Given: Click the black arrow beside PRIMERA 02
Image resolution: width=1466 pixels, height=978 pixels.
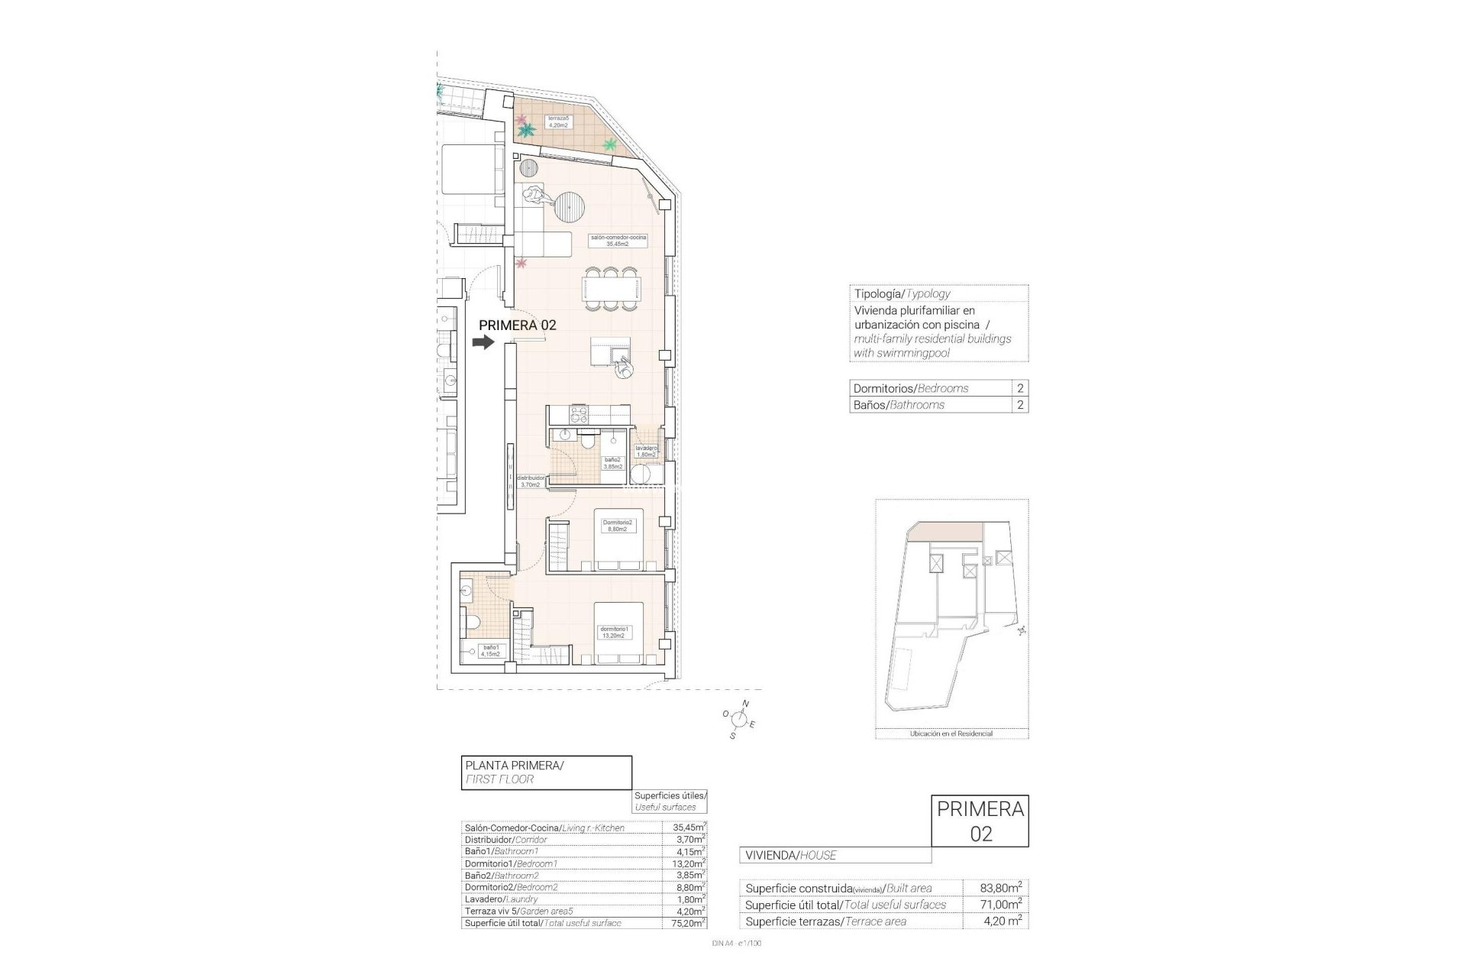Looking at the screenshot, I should tap(483, 343).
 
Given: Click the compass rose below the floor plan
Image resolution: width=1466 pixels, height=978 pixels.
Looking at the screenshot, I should tap(738, 718).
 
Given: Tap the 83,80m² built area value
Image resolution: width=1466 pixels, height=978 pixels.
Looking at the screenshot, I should tap(1001, 888).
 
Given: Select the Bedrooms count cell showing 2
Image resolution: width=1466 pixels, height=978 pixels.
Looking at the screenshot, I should tap(1020, 388).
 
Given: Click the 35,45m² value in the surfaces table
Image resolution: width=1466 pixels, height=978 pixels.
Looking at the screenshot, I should tap(683, 827).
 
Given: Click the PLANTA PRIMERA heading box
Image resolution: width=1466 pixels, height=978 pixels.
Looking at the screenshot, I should tap(546, 772).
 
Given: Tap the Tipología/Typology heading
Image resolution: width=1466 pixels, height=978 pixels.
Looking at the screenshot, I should tap(901, 293).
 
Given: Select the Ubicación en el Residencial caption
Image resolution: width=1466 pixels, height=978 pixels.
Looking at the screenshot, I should tap(951, 733).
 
